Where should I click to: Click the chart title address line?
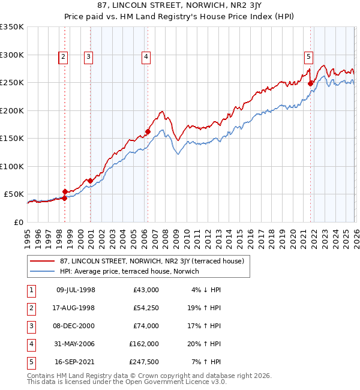tap(180, 6)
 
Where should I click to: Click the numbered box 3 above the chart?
tap(88, 57)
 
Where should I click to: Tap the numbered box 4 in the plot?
tap(146, 57)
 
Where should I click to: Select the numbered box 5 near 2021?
tap(308, 57)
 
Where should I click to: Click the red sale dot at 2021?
tap(310, 84)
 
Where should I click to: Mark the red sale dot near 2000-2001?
tap(90, 181)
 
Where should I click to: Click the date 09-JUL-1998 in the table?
tap(76, 290)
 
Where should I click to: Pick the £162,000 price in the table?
tap(144, 344)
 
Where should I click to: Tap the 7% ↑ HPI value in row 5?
tap(207, 362)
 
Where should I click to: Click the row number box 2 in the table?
tap(29, 308)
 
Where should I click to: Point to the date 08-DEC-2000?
tap(76, 326)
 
